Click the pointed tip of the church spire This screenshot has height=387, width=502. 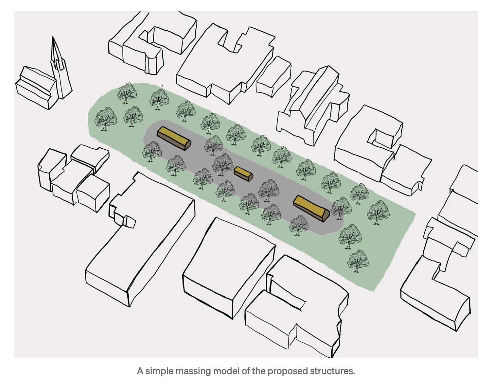(x=53, y=38)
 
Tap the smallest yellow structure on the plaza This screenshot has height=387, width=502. (x=243, y=174)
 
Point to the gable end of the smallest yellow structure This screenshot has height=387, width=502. (x=250, y=177)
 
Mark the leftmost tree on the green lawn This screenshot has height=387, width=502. (x=105, y=118)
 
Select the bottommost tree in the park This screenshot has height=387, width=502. (x=358, y=260)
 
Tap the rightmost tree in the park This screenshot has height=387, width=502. (x=378, y=212)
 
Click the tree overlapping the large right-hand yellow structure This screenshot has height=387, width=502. (x=341, y=208)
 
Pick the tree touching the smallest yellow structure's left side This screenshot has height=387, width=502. (x=222, y=165)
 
